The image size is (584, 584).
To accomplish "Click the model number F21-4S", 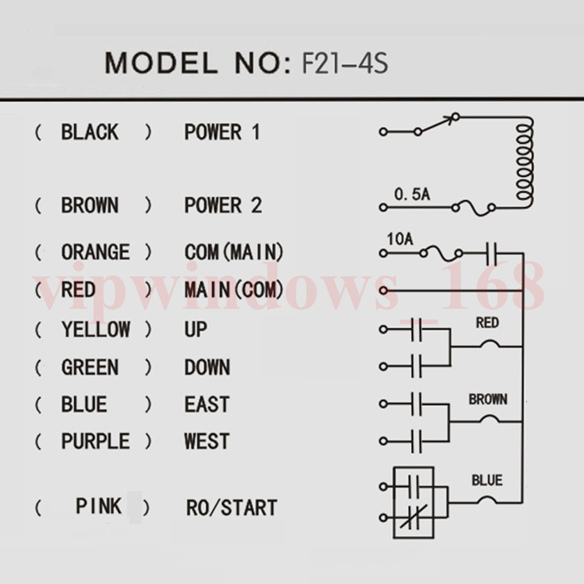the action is click(x=345, y=63).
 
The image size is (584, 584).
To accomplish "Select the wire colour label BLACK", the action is click(x=90, y=132).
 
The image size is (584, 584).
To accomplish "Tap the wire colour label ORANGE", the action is click(x=96, y=252).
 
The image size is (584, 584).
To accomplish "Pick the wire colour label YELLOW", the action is click(x=96, y=329).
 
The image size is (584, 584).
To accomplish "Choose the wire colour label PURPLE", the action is click(x=96, y=441).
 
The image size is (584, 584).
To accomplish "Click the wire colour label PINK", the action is click(x=99, y=506).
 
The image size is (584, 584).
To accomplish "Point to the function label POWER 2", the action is click(x=223, y=205).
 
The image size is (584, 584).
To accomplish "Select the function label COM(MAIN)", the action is click(x=234, y=252).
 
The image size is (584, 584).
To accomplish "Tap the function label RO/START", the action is click(x=232, y=507).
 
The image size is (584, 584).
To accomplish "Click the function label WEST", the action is click(x=207, y=441).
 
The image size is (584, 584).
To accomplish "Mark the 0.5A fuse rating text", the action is click(x=412, y=194).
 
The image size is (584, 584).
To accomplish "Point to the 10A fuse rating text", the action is click(x=400, y=239).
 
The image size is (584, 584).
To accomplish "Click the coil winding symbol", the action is click(x=525, y=162).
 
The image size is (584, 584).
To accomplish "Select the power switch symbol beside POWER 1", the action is click(x=436, y=124).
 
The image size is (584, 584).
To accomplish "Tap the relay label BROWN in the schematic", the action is click(x=488, y=399).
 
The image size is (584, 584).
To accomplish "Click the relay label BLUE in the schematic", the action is click(x=487, y=480).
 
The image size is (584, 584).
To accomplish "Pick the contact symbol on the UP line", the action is click(x=416, y=329).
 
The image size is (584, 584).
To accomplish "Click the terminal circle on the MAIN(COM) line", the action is click(x=383, y=290).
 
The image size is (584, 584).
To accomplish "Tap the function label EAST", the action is click(x=207, y=404).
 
